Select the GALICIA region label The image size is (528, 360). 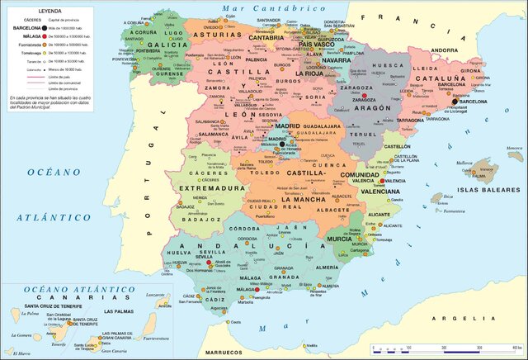click(166, 45)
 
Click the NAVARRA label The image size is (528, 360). click(336, 60)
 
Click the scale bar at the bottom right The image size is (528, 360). click(445, 341)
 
